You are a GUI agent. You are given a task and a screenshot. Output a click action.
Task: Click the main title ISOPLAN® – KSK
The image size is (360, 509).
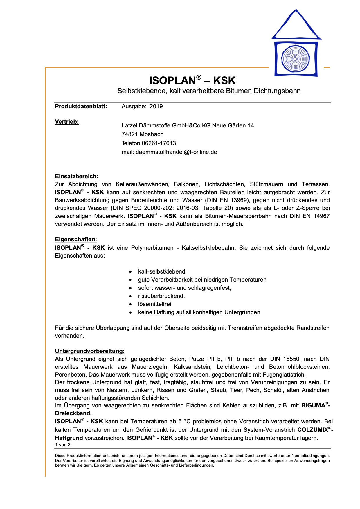pos(192,80)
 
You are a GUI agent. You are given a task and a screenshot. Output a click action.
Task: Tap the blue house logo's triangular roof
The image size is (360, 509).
pos(296,26)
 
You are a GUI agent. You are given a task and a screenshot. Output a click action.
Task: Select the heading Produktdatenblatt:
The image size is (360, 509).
pos(81,107)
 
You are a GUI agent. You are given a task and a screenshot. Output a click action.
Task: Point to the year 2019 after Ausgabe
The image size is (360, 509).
pos(156,107)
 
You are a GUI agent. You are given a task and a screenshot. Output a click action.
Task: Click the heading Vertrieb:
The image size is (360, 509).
pos(67,122)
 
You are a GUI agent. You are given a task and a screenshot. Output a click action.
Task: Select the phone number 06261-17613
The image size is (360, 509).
pos(159,143)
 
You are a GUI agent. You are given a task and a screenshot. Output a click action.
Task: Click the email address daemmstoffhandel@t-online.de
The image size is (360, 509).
pos(176,152)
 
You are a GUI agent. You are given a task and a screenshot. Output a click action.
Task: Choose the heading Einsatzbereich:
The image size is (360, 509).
pos(77,177)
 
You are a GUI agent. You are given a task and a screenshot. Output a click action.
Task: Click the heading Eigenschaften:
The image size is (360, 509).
pos(76,240)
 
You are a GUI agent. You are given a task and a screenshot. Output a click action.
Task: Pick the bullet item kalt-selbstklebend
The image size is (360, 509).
pos(161,272)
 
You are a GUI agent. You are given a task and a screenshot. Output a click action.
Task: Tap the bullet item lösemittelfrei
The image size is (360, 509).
pos(154,304)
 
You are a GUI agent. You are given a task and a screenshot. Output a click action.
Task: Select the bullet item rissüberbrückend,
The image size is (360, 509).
pos(161,296)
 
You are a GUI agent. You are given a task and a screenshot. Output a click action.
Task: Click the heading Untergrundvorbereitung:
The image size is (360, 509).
pos(90,351)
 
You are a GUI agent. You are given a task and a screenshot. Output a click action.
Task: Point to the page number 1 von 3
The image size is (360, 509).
pos(63,445)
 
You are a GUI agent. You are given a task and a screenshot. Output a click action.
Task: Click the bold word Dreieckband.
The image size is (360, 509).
pos(73,413)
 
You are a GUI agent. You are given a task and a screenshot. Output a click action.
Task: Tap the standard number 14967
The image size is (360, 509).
pos(321,216)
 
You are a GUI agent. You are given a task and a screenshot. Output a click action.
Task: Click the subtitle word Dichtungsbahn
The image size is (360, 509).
pos(277,91)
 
